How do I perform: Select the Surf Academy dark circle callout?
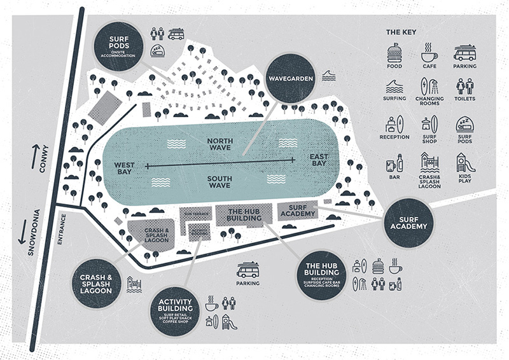point(408,225)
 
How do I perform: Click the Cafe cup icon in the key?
point(430,52)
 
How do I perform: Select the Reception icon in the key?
point(394,125)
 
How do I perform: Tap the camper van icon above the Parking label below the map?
point(248,270)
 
